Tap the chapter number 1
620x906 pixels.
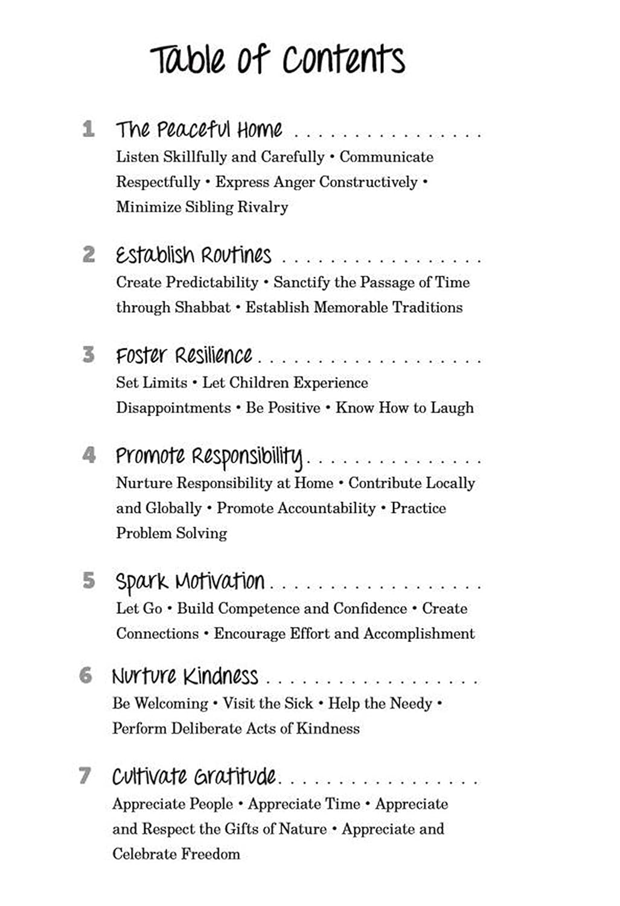[x=89, y=129]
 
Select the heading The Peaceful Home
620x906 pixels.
[x=199, y=129]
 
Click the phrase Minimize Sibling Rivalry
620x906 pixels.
[x=202, y=207]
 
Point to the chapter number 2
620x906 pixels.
[x=89, y=254]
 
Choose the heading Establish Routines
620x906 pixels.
[x=194, y=255]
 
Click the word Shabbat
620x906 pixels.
[x=203, y=307]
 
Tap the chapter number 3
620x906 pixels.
[x=89, y=355]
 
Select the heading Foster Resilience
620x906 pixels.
[x=184, y=355]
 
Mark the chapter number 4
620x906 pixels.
[x=89, y=455]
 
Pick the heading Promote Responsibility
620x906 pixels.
[x=209, y=456]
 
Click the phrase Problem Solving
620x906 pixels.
[x=171, y=533]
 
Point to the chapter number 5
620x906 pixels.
[x=89, y=580]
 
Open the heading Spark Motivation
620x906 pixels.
[x=190, y=581]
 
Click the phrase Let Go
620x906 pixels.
[x=139, y=609]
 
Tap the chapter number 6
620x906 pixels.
[x=86, y=675]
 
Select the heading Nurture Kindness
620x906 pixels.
[x=185, y=676]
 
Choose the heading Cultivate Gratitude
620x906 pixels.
[x=194, y=776]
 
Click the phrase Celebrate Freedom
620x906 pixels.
[x=176, y=854]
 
